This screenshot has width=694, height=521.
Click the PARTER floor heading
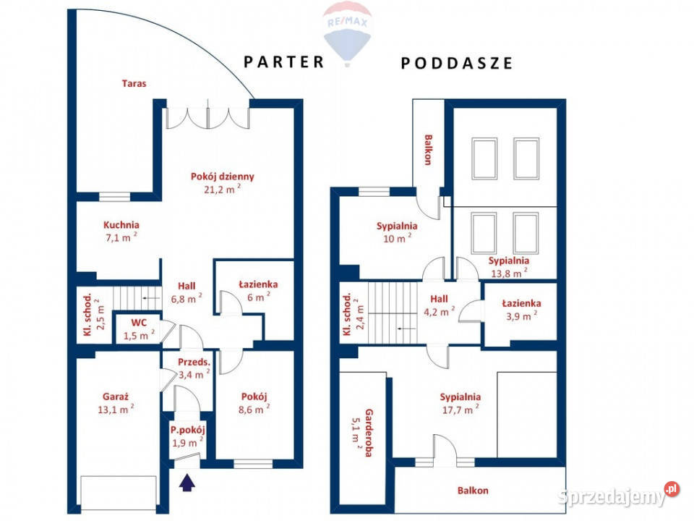pos(283,62)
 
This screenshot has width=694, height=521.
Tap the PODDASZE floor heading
pos(456,63)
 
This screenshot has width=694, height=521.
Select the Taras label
pos(134,83)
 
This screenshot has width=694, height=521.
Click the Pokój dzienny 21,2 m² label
pos(223,182)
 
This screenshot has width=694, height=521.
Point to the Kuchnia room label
pos(121,231)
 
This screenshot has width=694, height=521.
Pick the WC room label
pos(139,329)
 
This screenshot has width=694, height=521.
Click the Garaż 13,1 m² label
pos(116,403)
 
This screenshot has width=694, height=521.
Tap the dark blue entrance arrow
pos(187,483)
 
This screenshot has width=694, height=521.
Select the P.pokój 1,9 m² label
pos(188,436)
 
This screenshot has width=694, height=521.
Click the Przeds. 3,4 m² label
pos(194,368)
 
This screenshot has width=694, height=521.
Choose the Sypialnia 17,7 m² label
pos(460,403)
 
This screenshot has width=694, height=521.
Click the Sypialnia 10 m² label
pos(397,232)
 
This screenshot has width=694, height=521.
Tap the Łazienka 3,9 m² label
pos(521,310)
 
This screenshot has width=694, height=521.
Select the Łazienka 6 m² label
pos(259,291)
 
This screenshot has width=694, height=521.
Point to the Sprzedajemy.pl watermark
pos(618,495)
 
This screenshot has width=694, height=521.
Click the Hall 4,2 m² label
pos(439,305)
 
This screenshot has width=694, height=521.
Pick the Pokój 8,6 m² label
pos(254,403)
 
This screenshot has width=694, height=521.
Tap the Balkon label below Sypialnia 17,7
pos(473,491)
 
